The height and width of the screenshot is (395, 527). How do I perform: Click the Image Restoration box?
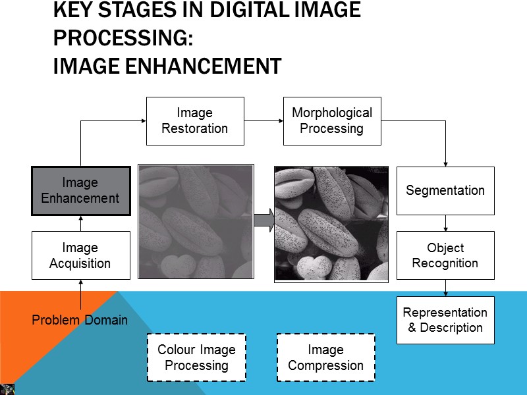point(195,121)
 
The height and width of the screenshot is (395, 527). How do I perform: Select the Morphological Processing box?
point(332,121)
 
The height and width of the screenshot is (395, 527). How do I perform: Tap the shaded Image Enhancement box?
point(80,190)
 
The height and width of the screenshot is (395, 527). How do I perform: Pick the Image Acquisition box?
point(80,255)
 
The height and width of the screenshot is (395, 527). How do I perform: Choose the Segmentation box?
point(445,191)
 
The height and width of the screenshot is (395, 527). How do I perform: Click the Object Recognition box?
point(445,255)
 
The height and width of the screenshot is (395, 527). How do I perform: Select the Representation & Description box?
point(445,320)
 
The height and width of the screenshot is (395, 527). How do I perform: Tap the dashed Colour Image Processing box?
point(196,357)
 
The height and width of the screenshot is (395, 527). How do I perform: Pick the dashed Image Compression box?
point(326,357)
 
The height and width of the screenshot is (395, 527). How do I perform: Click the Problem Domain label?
point(80,321)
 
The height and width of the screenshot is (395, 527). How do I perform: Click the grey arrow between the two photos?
point(263,221)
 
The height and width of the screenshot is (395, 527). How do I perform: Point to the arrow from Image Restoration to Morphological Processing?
point(263,121)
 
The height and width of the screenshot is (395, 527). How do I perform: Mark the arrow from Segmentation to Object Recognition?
point(445,223)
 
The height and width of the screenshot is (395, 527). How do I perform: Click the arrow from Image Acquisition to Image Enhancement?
point(80,223)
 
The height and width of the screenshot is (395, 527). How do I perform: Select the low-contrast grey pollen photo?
point(196,222)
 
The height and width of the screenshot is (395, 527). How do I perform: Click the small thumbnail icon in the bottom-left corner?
point(7,388)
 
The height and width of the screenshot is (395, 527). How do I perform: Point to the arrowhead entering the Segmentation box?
point(445,163)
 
